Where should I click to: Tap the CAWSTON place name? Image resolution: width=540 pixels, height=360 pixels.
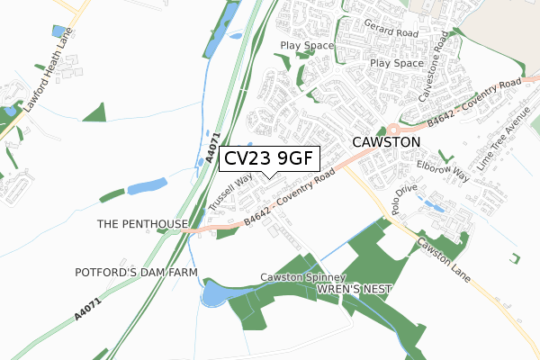[386, 142]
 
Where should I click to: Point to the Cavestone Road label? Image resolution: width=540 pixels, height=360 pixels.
[430, 67]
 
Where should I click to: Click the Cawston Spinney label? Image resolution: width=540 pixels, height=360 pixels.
[303, 277]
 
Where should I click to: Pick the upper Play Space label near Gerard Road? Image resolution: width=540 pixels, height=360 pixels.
[306, 45]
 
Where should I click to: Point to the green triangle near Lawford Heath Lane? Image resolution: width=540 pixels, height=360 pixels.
[96, 113]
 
